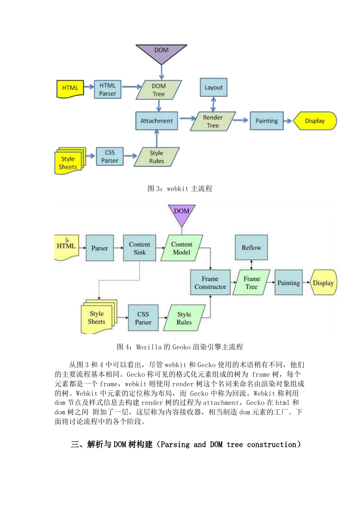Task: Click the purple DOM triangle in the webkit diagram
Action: [x=161, y=53]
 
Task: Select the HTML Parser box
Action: [x=108, y=89]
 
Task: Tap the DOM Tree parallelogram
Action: [x=159, y=90]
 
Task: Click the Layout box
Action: [x=213, y=87]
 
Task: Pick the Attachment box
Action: [x=157, y=121]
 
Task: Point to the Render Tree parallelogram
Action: [x=213, y=121]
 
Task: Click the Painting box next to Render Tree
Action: [x=267, y=121]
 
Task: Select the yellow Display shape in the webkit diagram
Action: [x=315, y=121]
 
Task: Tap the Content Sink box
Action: [x=140, y=248]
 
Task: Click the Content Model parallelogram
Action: [x=182, y=248]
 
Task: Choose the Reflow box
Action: [x=251, y=247]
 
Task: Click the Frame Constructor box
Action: [x=210, y=282]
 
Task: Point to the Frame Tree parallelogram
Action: [x=251, y=282]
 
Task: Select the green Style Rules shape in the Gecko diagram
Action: [x=184, y=318]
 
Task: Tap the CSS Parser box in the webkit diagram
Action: [x=110, y=156]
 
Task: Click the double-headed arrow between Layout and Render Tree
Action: [x=213, y=104]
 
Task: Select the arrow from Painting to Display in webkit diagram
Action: [x=288, y=121]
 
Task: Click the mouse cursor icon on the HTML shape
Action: [x=67, y=240]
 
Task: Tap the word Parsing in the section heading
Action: [x=175, y=444]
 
